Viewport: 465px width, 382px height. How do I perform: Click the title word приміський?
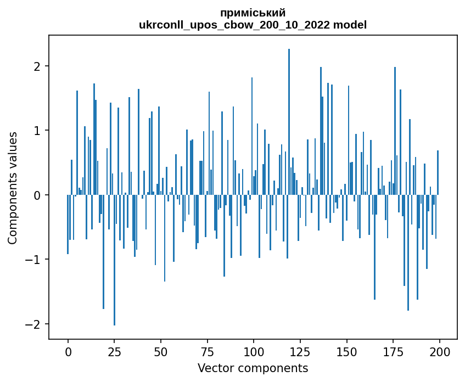[x=253, y=13]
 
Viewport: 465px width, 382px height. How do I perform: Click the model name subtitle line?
[x=253, y=25]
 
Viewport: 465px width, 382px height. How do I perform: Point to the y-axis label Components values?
[x=12, y=187]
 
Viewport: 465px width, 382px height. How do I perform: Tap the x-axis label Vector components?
[x=253, y=368]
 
